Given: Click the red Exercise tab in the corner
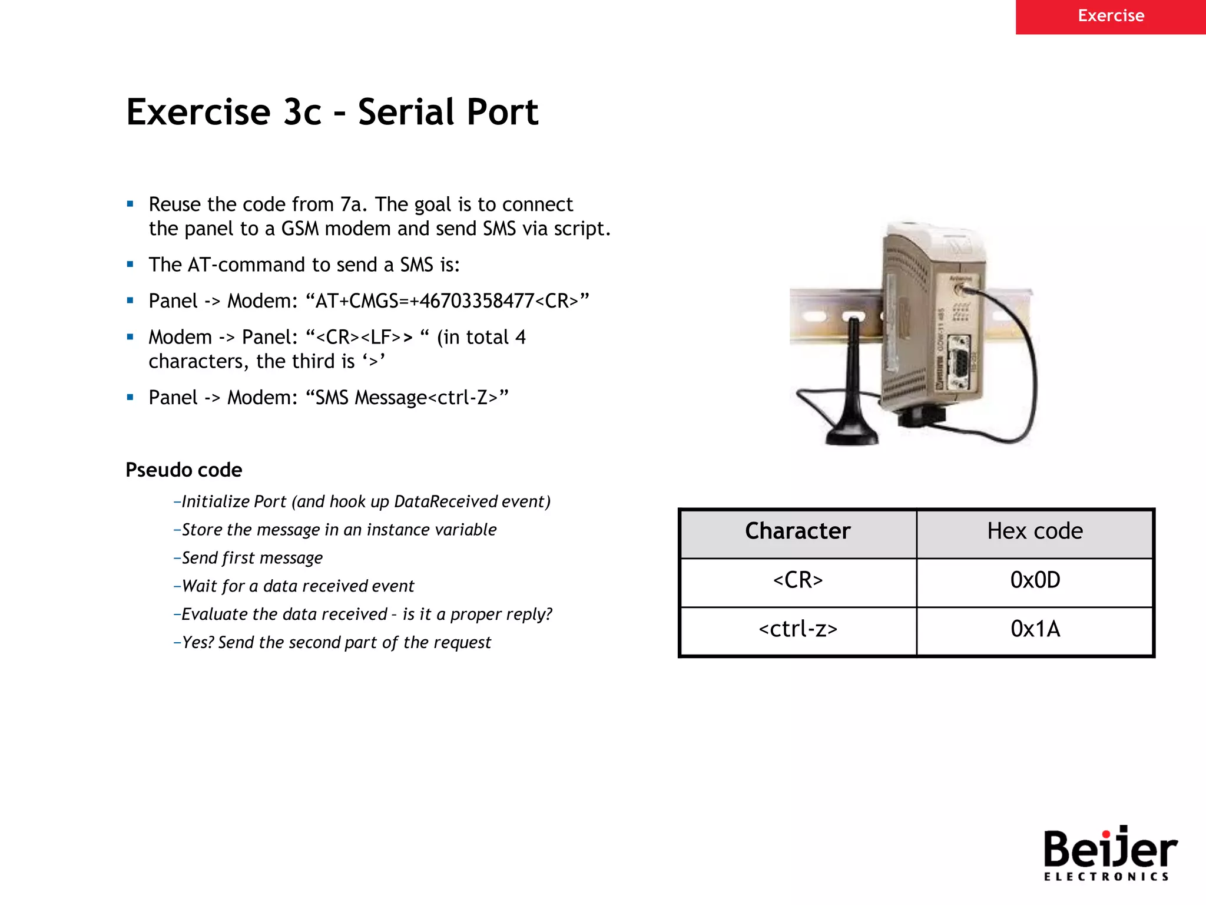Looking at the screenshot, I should pyautogui.click(x=1111, y=16).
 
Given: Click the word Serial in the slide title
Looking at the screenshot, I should pyautogui.click(x=404, y=112).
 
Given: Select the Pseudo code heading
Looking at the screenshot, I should pyautogui.click(x=184, y=470).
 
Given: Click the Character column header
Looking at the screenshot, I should pyautogui.click(x=798, y=531).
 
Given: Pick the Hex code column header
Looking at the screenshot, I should pyautogui.click(x=1035, y=531).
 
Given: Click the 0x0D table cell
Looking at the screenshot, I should pyautogui.click(x=1035, y=580).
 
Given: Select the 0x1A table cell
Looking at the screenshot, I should pyautogui.click(x=1035, y=629).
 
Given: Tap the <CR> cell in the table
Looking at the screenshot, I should pyautogui.click(x=798, y=580).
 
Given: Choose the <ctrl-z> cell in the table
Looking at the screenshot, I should pyautogui.click(x=798, y=629).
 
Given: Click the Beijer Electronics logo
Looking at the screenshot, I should pyautogui.click(x=1109, y=853).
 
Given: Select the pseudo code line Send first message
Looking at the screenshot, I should pyautogui.click(x=251, y=558).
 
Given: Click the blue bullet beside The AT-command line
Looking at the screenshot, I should pyautogui.click(x=130, y=265).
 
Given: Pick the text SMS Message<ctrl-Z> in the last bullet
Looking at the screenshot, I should pyautogui.click(x=406, y=398).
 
